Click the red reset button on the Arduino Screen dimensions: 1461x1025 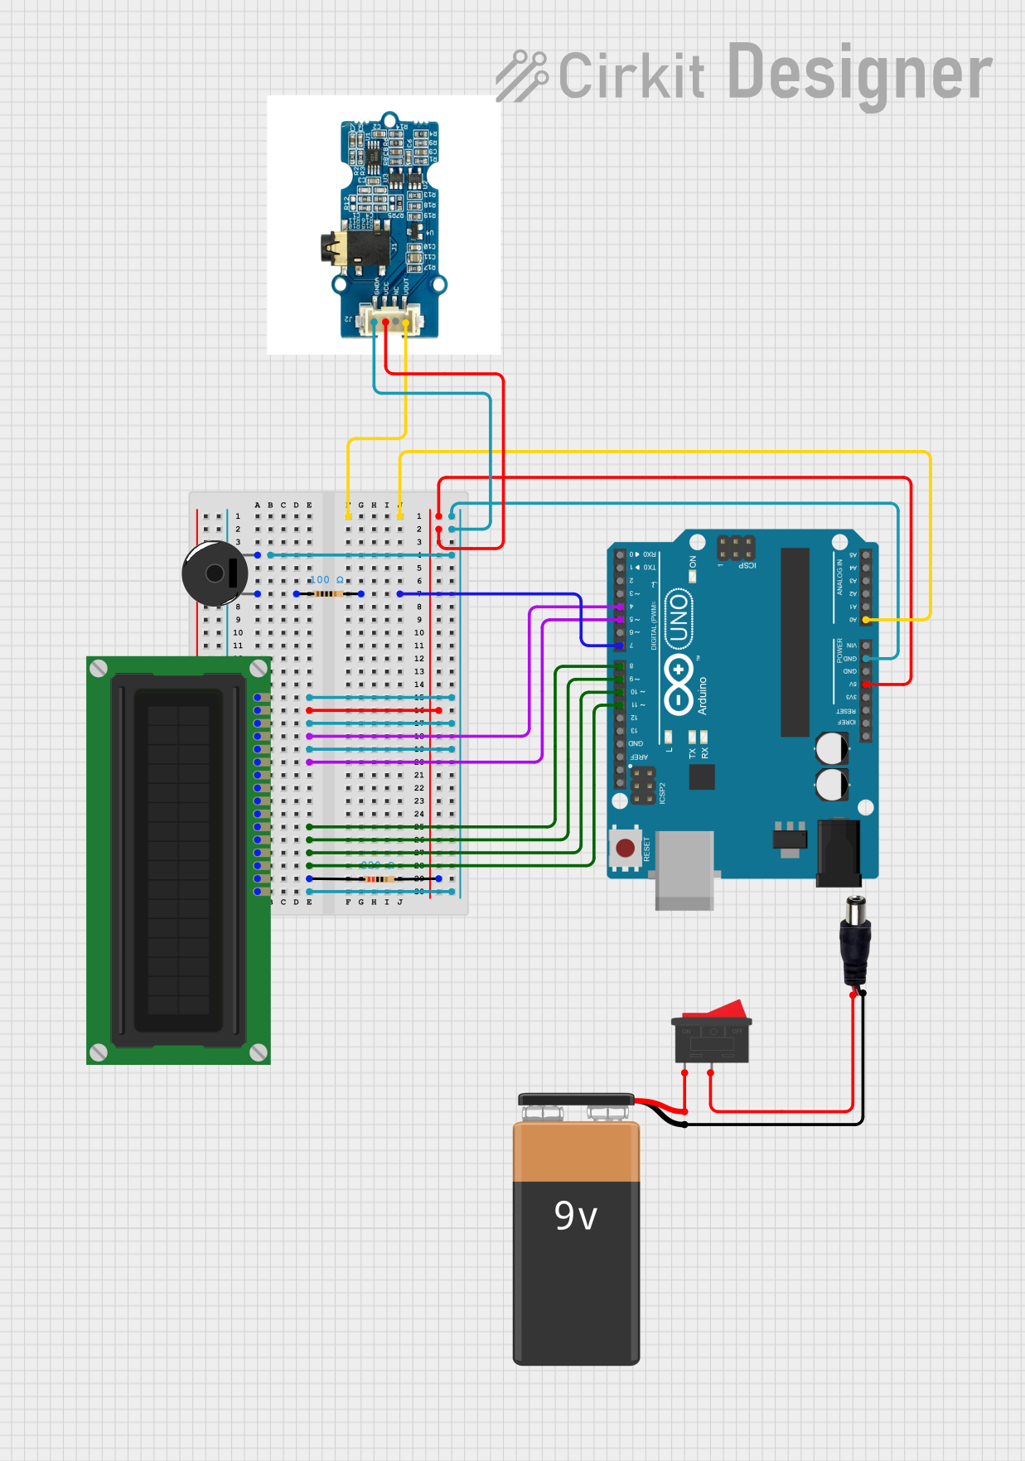pyautogui.click(x=626, y=848)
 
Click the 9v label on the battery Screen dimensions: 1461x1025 pyautogui.click(x=575, y=1216)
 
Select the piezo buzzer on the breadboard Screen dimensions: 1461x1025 pyautogui.click(x=215, y=573)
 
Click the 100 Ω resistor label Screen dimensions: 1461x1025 pyautogui.click(x=326, y=580)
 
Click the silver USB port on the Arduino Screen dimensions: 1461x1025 pyautogui.click(x=684, y=869)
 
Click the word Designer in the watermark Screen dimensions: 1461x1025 pyautogui.click(x=859, y=74)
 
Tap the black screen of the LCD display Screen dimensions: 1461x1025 pyautogui.click(x=178, y=859)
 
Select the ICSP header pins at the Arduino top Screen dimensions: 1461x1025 pyautogui.click(x=735, y=547)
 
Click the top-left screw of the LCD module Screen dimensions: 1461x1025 pyautogui.click(x=99, y=669)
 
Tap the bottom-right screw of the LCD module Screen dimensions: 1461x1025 pyautogui.click(x=259, y=1052)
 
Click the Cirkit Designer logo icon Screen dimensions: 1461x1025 pyautogui.click(x=522, y=75)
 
